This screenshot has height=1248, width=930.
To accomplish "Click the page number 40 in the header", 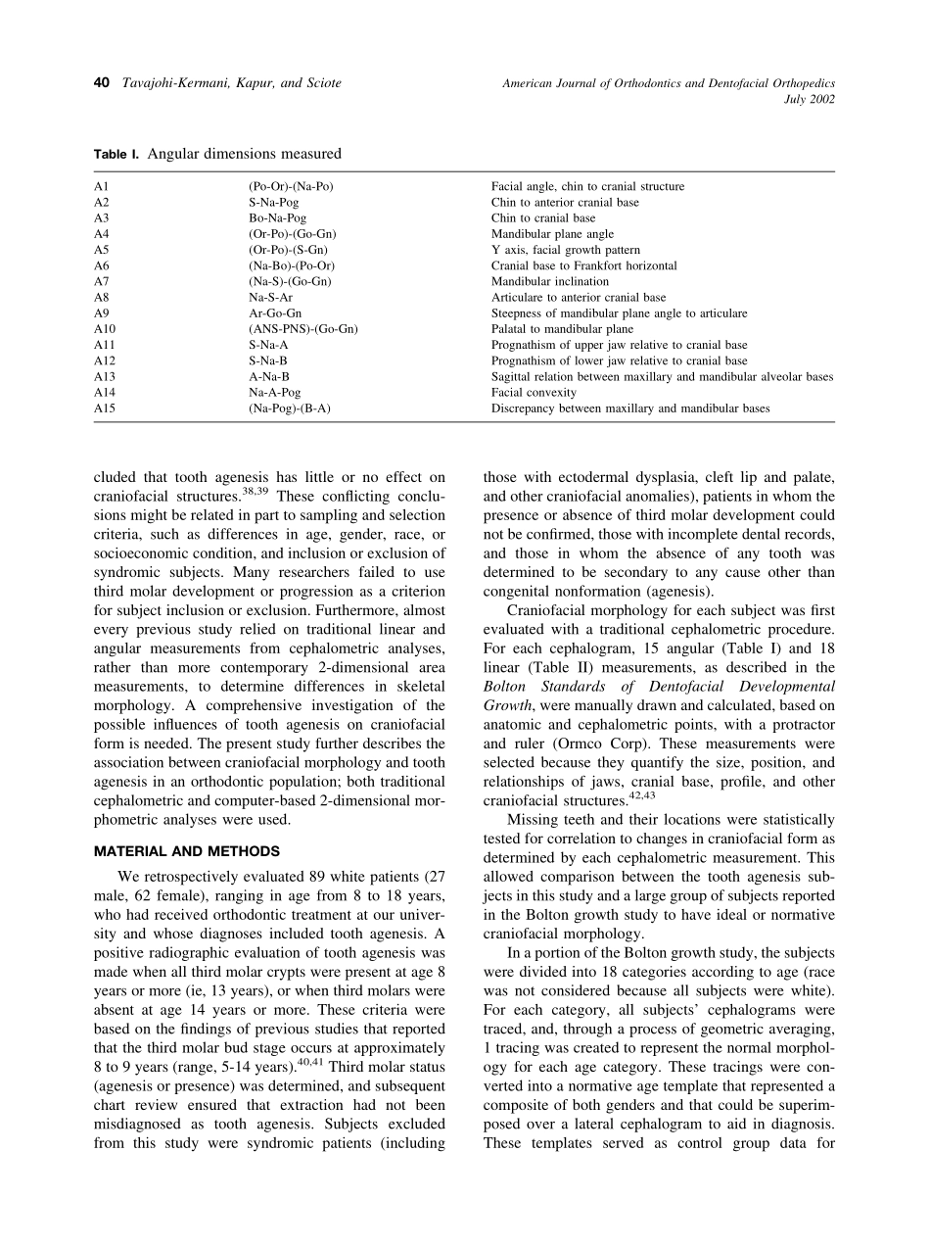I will (101, 83).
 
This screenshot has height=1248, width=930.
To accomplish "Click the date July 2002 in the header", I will (810, 100).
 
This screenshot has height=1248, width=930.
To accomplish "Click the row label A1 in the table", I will (101, 186).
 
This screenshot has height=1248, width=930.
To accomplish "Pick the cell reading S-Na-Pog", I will (273, 203).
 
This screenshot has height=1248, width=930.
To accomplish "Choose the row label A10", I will (104, 329).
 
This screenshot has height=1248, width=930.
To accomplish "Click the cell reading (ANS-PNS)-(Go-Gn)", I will (302, 329).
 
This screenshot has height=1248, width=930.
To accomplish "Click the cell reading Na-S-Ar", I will (270, 298).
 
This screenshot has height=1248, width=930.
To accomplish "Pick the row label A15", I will (104, 408).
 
